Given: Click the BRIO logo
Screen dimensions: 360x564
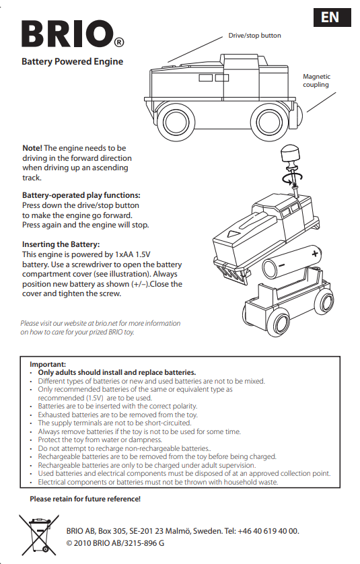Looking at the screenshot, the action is pos(73,34).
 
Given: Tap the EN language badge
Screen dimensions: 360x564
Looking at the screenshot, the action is pos(332,17).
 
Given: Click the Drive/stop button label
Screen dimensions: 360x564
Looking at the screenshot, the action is pos(254,35).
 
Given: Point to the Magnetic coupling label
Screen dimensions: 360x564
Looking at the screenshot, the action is pos(316,81).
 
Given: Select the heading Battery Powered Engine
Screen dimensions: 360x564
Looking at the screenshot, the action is pos(72,61).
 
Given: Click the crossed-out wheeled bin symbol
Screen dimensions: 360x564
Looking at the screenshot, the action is pos(39,535).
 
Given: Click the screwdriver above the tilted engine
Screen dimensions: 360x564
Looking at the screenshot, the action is pos(293,166).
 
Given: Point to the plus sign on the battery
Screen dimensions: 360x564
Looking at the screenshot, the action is pos(315,254).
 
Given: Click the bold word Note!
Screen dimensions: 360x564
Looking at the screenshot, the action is pos(32,148).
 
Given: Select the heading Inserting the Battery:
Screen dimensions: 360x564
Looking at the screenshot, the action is pos(61,244).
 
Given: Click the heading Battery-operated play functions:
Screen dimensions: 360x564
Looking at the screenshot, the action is pos(81,195).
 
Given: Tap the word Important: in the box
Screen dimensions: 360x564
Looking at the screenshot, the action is pos(48,364).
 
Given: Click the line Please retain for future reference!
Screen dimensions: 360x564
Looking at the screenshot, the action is pos(85,499).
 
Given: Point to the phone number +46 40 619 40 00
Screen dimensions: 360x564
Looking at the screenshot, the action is pos(268,531).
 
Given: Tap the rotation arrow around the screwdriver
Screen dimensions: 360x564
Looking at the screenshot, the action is pos(292,177).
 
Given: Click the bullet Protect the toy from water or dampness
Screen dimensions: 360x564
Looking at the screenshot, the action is pos(100,439).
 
